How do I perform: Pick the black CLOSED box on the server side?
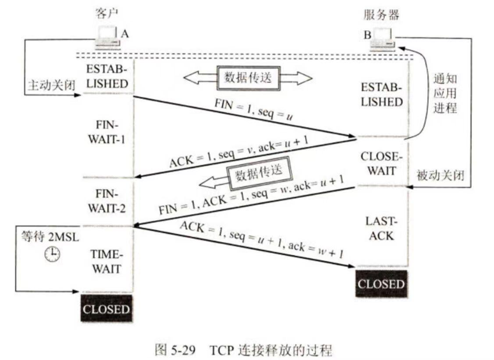pyautogui.click(x=381, y=284)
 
